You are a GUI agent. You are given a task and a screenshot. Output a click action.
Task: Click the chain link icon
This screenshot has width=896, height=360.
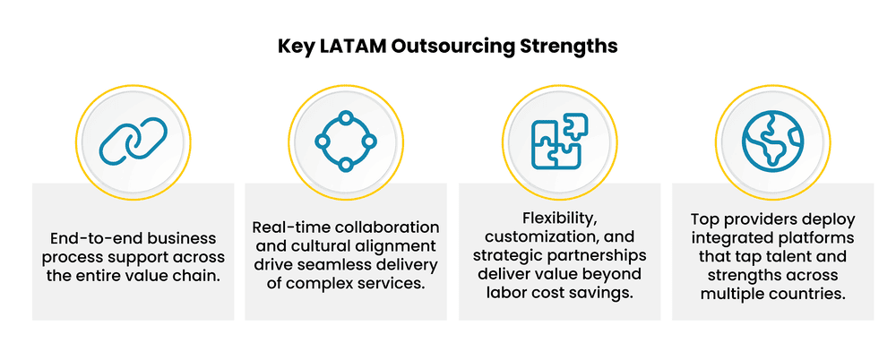click(133, 141)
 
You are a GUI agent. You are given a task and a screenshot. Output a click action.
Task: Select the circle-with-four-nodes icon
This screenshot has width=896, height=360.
click(346, 141)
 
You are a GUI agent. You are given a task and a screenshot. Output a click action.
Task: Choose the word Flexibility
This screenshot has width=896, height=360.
click(560, 218)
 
